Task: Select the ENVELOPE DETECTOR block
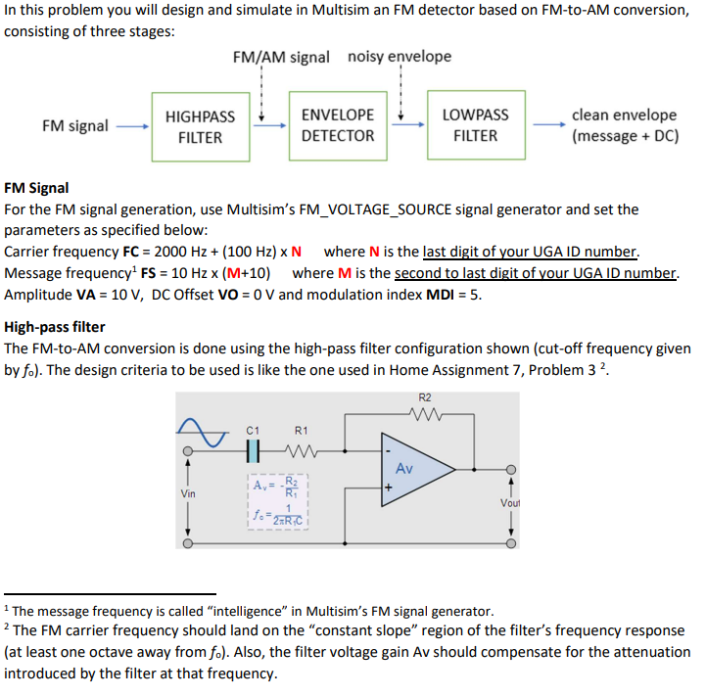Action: [x=338, y=126]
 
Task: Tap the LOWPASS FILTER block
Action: [x=475, y=126]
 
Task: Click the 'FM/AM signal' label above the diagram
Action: [x=281, y=57]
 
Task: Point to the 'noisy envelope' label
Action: [x=400, y=56]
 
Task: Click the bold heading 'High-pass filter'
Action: [x=55, y=327]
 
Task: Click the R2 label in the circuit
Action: [x=423, y=398]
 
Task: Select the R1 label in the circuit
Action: [x=301, y=430]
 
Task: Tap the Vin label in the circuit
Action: [x=188, y=495]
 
